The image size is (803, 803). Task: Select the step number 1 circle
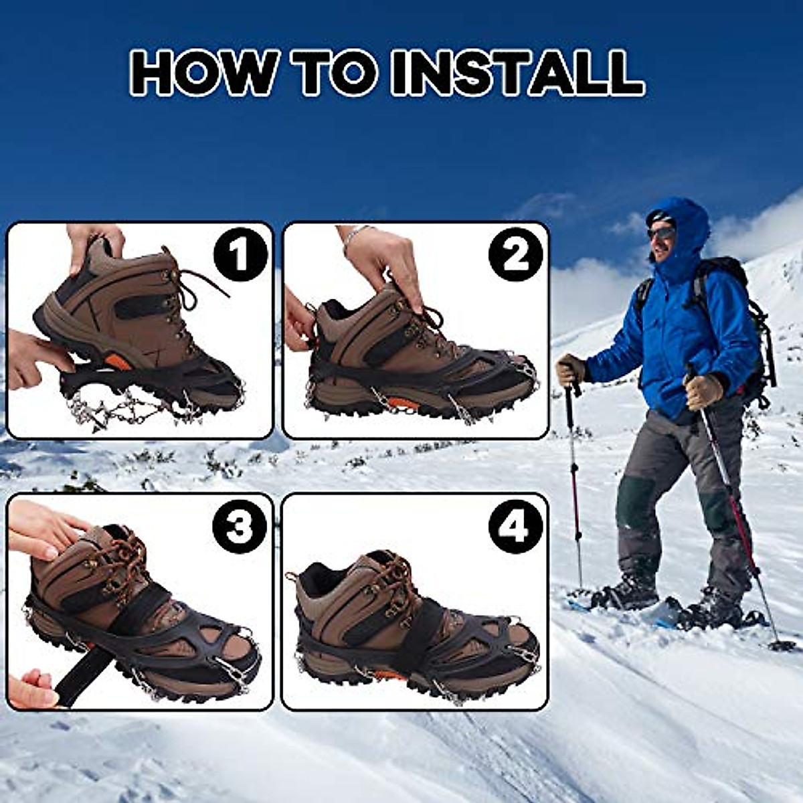(240, 254)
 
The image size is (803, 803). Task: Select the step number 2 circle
(516, 254)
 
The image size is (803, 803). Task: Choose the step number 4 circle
(516, 529)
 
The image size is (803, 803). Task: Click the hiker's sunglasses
(660, 233)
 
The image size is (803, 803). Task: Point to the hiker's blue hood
(683, 221)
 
